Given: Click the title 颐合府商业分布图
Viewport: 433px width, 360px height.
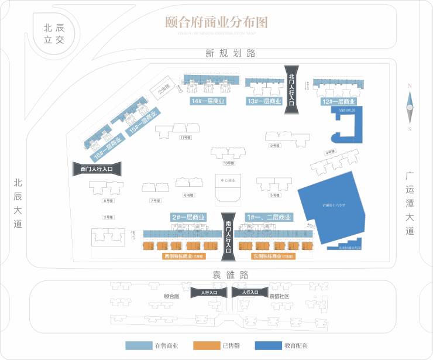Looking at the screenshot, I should point(216,22).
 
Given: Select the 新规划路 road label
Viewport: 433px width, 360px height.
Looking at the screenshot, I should point(231,53).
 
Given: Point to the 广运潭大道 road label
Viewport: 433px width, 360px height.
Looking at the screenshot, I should point(410,203).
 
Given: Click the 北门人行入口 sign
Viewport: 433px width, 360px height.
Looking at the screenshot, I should point(292,88).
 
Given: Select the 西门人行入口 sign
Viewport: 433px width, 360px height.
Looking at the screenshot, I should point(97,169).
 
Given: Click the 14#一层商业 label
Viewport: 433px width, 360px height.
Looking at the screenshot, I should point(208,101).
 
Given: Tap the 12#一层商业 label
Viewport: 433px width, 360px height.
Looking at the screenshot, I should point(339,101).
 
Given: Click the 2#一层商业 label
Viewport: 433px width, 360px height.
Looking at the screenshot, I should point(188,217).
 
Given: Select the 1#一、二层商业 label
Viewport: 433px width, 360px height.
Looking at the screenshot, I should point(269,217).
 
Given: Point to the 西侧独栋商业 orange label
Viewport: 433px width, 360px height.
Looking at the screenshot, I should point(183,256).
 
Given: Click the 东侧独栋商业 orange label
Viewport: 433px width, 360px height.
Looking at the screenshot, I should point(273,256).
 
